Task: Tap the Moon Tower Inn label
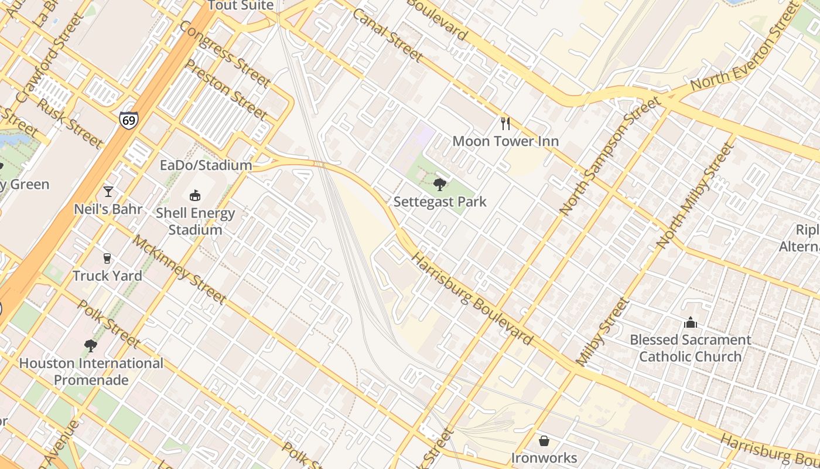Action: (505, 141)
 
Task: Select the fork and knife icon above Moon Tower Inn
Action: (505, 124)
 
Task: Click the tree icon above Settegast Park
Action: (439, 185)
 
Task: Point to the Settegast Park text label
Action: (440, 202)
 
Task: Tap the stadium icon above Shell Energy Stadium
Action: (195, 195)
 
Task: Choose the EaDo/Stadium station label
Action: (206, 165)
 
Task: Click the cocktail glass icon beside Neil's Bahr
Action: (108, 192)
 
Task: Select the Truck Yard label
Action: (107, 276)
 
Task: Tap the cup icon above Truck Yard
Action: (107, 259)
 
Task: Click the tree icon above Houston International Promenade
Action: (90, 346)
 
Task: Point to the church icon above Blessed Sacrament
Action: (691, 322)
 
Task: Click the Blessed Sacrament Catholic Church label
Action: (690, 348)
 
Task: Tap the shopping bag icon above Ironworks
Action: (544, 440)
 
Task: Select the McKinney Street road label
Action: (179, 269)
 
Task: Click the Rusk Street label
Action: (70, 123)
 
